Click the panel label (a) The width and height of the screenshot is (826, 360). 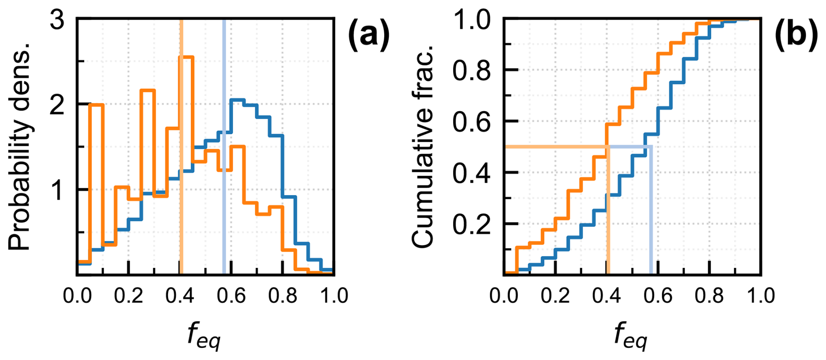(x=368, y=35)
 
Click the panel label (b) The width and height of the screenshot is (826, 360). (x=796, y=35)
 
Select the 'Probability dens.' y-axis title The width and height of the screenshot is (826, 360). (x=19, y=146)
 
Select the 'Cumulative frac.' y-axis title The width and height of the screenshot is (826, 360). (x=422, y=146)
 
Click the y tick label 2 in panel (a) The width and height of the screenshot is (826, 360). (x=57, y=105)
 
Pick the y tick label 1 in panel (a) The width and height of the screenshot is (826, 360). (x=57, y=190)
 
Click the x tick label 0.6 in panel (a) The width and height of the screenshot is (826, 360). (x=231, y=295)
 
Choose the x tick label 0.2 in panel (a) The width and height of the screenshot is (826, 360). (x=128, y=295)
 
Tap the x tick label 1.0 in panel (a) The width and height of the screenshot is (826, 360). (x=334, y=295)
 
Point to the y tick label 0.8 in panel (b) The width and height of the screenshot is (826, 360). (x=472, y=70)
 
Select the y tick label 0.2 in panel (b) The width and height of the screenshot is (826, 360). (x=472, y=224)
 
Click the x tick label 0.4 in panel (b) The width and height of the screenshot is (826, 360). (x=606, y=295)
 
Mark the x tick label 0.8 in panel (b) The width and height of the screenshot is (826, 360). (x=709, y=295)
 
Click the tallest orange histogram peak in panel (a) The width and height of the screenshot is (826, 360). (x=186, y=57)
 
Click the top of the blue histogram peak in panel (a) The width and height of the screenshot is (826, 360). (x=237, y=100)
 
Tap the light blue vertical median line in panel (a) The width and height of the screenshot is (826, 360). (x=224, y=196)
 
